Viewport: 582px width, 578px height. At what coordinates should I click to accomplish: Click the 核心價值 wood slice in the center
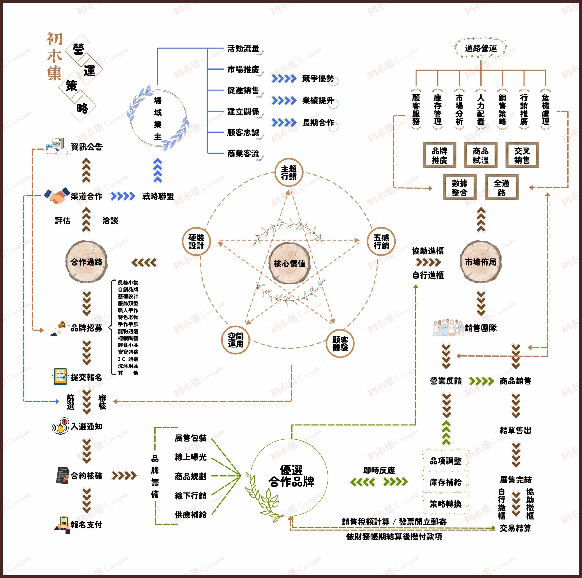click(x=289, y=263)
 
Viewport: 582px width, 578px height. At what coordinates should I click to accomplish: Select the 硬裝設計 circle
click(x=196, y=241)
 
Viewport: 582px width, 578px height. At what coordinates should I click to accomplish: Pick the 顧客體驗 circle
click(x=340, y=344)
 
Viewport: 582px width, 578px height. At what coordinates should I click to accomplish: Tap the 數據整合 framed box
click(x=459, y=187)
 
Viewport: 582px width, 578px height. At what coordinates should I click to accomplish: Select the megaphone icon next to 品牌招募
click(x=59, y=328)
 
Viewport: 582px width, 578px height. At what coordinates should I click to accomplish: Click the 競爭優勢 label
click(x=318, y=79)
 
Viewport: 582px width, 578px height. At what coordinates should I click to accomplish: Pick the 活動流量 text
click(x=243, y=48)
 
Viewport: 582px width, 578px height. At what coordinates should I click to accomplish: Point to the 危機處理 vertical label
click(x=545, y=109)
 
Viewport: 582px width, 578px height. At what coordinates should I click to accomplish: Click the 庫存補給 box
click(x=446, y=483)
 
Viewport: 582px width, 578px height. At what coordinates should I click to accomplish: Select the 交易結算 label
click(x=515, y=528)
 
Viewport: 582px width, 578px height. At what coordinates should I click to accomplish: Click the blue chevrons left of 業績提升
click(x=284, y=101)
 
